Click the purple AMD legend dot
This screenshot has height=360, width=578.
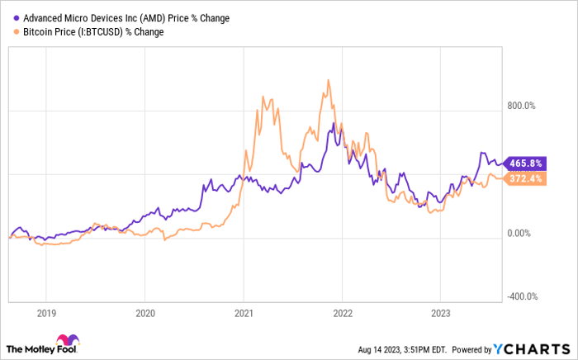coord(17,17)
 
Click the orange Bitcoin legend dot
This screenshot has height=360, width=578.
coord(17,31)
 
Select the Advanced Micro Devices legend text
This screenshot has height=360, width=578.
coord(126,18)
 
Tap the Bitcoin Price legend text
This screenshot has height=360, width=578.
coord(93,32)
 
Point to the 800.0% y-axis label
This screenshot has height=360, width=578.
coord(521,107)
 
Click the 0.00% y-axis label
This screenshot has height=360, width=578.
coord(519,233)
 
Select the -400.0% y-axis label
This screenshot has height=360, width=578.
coord(523,296)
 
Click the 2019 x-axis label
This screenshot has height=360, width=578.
coord(46,314)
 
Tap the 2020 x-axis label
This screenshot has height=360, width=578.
coord(145,314)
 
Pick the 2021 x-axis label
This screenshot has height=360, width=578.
coord(244,314)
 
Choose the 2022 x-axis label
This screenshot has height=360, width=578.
coord(343,314)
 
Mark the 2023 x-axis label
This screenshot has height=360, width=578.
coord(441,314)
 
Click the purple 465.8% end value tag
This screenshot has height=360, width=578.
coord(525,163)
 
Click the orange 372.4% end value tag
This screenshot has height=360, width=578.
coord(525,178)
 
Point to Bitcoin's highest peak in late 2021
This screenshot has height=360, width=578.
coord(329,80)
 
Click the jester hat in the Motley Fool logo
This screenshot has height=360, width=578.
coord(68,340)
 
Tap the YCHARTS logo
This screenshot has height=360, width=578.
coord(532,349)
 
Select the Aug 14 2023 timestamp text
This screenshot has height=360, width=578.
coord(403,349)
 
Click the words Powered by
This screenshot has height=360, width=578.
coord(471,349)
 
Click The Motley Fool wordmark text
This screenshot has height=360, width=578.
coord(41,349)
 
